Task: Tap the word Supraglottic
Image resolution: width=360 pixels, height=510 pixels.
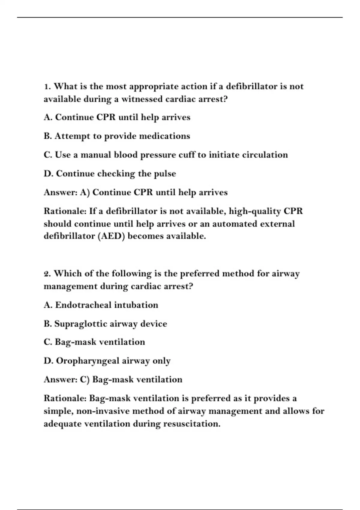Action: (80, 324)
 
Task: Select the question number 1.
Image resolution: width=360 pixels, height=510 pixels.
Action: (47, 87)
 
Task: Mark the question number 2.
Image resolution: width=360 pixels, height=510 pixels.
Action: (47, 274)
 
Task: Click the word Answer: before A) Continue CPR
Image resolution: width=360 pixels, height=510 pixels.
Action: (61, 192)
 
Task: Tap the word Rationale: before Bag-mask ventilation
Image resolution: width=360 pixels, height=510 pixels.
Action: (65, 398)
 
